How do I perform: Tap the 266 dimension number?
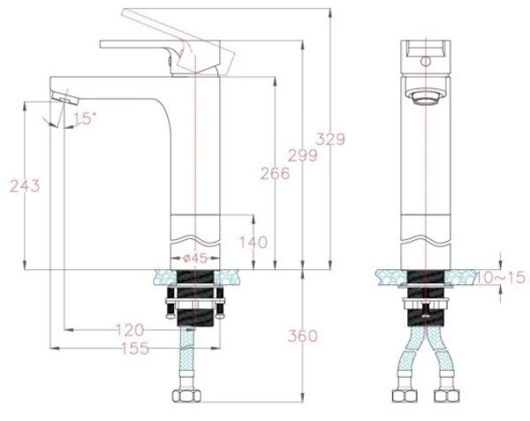point(275,174)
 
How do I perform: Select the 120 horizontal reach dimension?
point(129,330)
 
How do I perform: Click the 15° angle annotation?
point(83,118)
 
